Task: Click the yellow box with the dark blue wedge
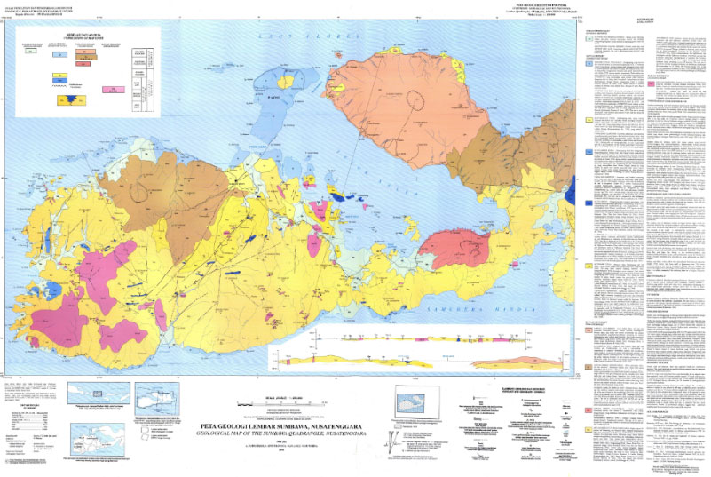(x=65, y=100)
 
